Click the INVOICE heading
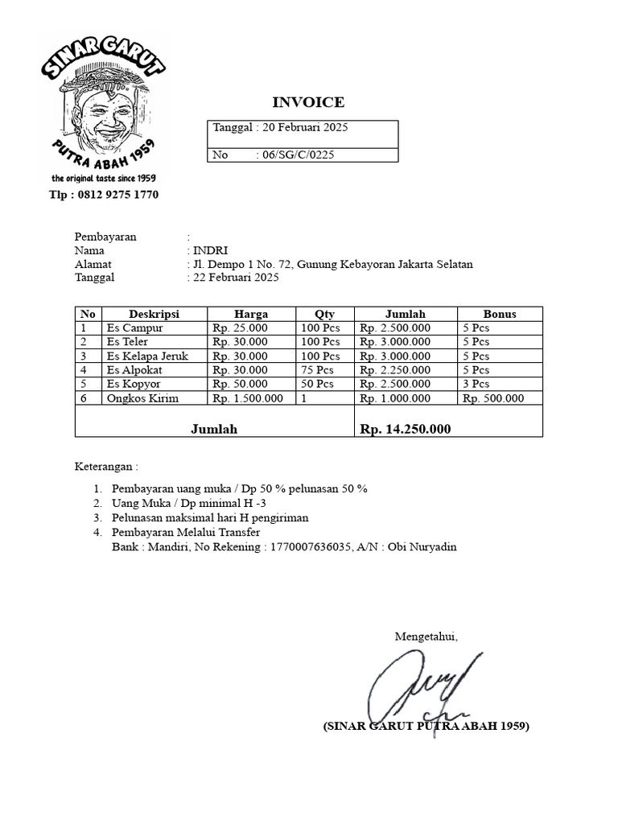click(308, 102)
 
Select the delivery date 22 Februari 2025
click(234, 278)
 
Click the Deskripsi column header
click(154, 314)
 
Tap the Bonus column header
click(500, 314)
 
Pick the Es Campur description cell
click(134, 328)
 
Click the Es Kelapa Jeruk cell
click(147, 356)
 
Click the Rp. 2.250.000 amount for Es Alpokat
click(395, 370)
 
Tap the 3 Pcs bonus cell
click(476, 385)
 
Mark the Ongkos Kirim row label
click(142, 398)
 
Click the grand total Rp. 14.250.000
click(406, 430)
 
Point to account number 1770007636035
click(304, 547)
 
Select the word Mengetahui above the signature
click(426, 637)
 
